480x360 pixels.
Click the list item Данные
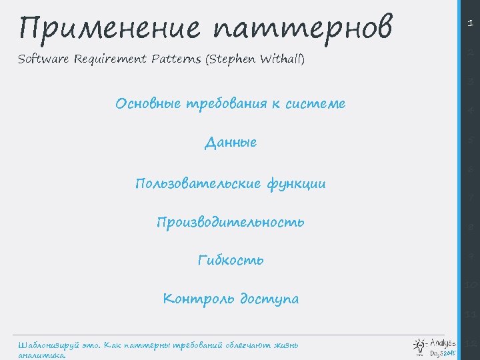(x=231, y=143)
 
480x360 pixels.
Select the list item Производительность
(x=231, y=222)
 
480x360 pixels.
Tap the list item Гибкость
(x=231, y=260)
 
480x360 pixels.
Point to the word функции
(x=295, y=183)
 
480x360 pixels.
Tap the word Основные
(x=147, y=104)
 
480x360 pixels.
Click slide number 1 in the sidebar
(x=470, y=23)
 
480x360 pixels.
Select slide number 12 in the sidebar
(x=470, y=344)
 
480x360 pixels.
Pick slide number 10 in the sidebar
(x=470, y=285)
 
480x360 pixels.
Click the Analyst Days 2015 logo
(x=434, y=347)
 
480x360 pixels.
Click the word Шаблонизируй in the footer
(x=47, y=345)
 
